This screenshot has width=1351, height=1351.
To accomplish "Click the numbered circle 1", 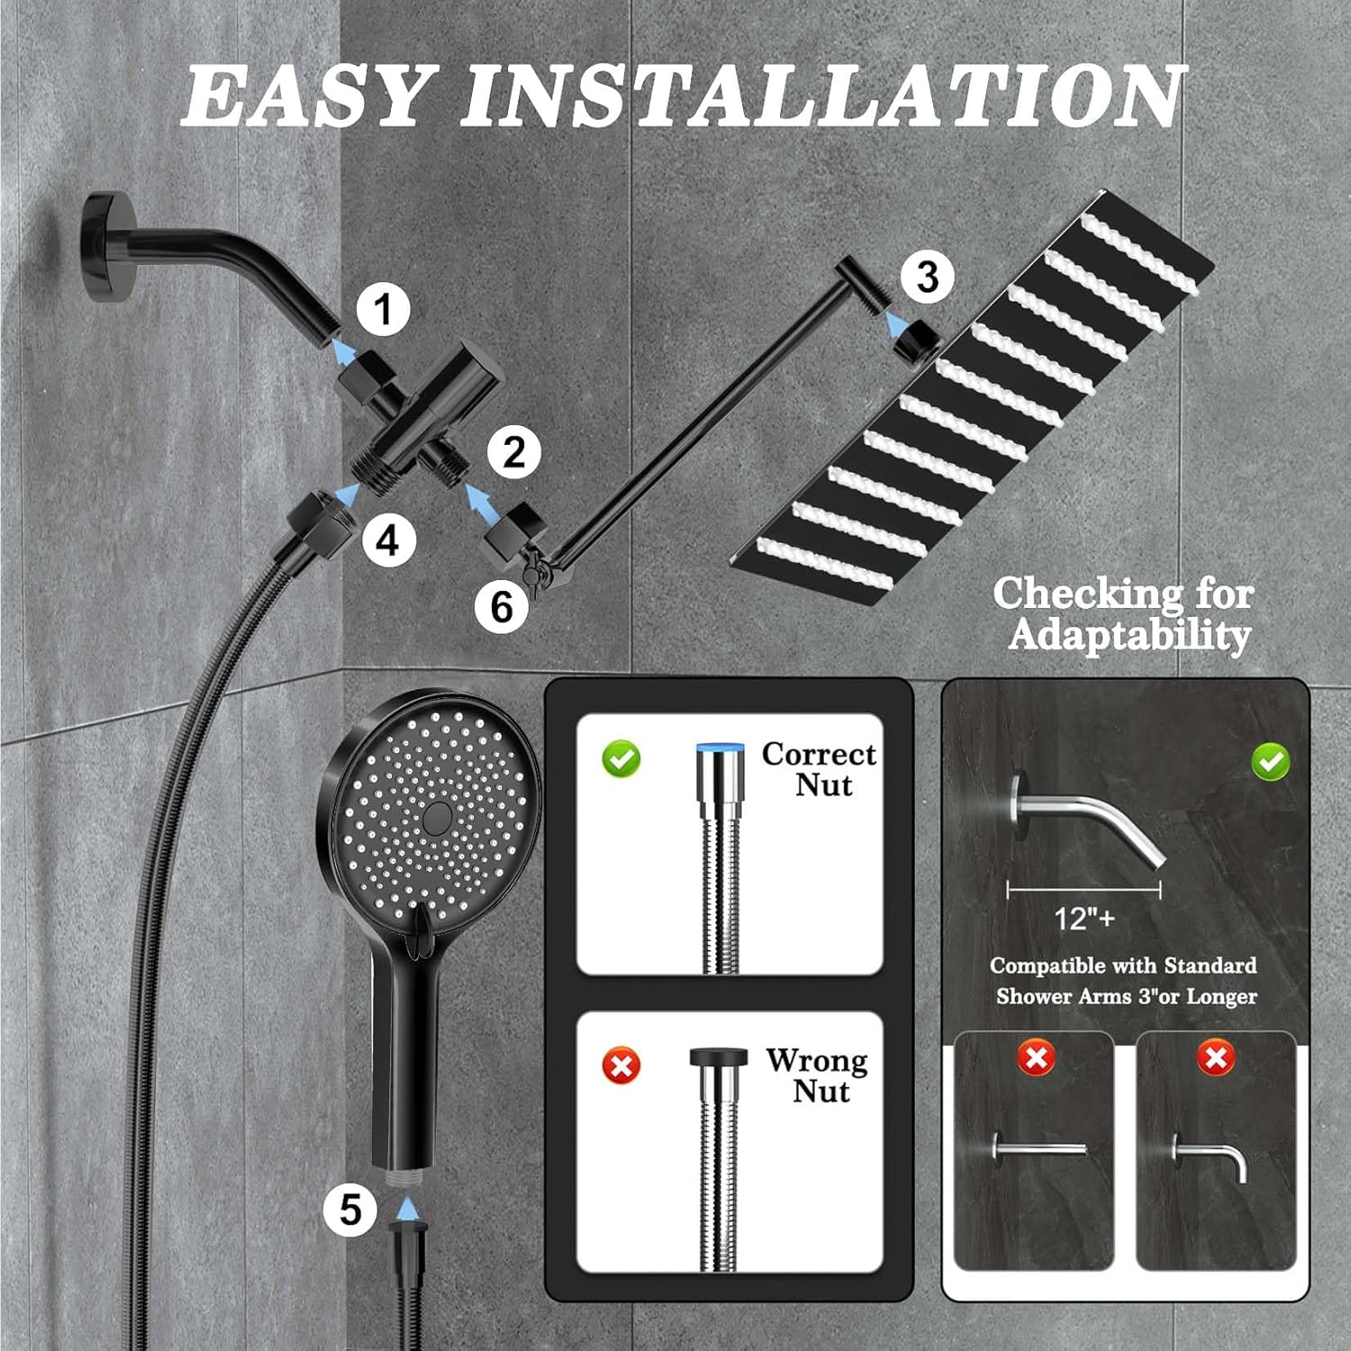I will (384, 310).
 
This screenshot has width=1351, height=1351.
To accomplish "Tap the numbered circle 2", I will (514, 452).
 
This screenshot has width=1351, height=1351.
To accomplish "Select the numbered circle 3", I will (927, 277).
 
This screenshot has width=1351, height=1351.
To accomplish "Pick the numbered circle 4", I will (387, 541).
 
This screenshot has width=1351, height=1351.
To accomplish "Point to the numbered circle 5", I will (350, 1209).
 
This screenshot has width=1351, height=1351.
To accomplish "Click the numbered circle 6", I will (502, 607).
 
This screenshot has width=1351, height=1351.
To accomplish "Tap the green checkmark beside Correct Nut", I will (621, 759).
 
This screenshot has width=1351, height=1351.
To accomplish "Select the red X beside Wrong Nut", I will (621, 1065).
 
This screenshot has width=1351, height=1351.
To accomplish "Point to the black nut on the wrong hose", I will (719, 1058).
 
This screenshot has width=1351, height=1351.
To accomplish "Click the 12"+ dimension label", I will (1084, 919).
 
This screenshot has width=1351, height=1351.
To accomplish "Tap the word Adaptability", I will (1129, 635).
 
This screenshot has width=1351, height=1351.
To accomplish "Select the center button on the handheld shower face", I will (438, 818).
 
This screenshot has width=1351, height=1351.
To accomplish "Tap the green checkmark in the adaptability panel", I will (1270, 762).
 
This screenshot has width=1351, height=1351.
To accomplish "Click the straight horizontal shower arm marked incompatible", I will (1039, 1148).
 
